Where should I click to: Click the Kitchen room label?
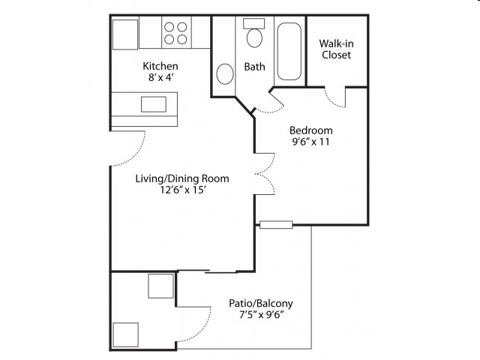click(160, 66)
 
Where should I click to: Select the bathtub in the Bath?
click(289, 52)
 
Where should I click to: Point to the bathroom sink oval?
click(225, 73)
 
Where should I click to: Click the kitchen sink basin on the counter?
click(154, 104)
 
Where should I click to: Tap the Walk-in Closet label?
click(337, 49)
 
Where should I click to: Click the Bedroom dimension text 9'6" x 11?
click(311, 142)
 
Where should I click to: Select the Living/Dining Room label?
click(182, 178)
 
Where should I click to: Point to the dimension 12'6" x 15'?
click(182, 190)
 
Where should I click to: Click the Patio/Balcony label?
click(261, 303)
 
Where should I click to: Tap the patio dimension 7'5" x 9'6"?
click(261, 315)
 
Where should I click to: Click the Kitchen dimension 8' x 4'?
click(161, 77)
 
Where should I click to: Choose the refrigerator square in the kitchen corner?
click(125, 34)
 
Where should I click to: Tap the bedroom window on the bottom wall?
click(276, 225)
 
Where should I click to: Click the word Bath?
click(254, 67)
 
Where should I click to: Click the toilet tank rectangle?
click(254, 23)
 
